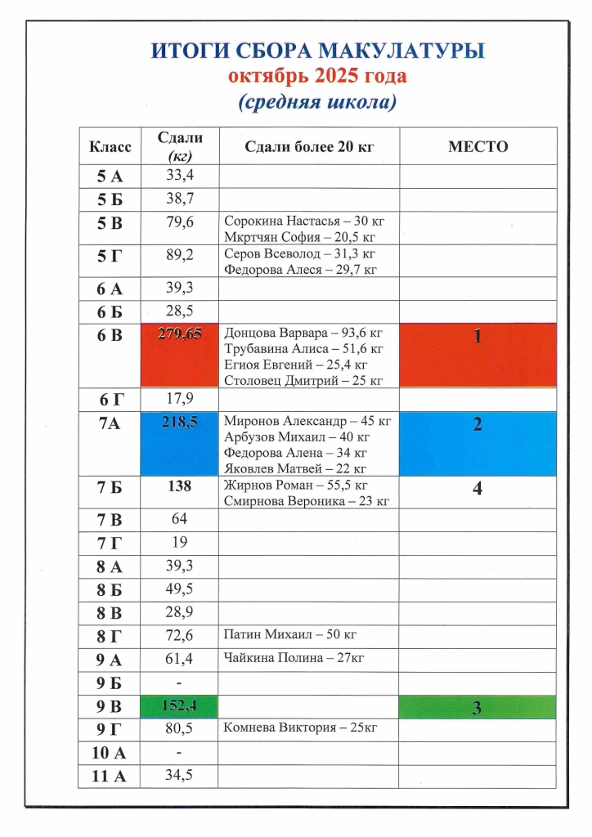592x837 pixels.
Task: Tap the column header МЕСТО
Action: coord(478,147)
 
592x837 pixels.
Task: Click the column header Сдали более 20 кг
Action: coord(308,147)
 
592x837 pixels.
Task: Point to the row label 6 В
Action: coord(110,333)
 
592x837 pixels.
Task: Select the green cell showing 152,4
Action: coord(179,706)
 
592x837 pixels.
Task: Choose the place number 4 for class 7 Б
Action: coord(478,489)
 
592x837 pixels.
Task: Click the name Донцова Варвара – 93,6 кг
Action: coord(303,333)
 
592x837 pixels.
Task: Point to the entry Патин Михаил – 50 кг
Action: coord(289,634)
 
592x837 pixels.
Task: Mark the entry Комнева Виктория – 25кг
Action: coord(300,727)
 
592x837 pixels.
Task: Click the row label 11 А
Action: coord(110,777)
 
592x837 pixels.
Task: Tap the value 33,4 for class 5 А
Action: coord(179,174)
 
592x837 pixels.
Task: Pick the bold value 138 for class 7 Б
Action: coord(179,486)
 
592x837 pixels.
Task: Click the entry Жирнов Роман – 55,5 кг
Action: coord(299,485)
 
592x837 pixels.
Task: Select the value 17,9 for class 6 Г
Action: coord(179,399)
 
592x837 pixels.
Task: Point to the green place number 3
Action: coord(478,708)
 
